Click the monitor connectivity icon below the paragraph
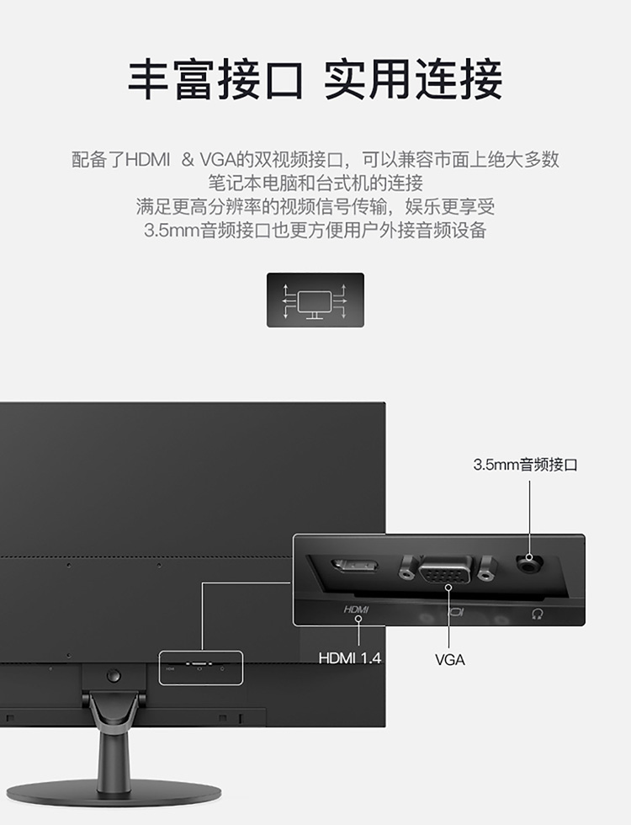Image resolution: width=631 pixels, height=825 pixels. coord(315,300)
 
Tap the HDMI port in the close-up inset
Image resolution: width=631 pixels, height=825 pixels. coord(355,567)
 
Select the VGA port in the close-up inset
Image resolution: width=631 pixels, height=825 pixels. coord(445,570)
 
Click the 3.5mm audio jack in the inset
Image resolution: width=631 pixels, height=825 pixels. coord(529,563)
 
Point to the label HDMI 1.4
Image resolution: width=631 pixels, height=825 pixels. coord(350,658)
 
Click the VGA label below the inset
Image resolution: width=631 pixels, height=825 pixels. coord(449,660)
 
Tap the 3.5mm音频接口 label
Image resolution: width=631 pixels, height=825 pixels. coord(525,465)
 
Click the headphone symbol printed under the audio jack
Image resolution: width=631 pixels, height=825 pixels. coord(537,614)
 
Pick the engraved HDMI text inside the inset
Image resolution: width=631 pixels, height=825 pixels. coord(356,609)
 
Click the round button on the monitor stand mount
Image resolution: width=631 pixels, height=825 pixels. coord(113,675)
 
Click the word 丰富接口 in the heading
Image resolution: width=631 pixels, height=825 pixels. coord(215,80)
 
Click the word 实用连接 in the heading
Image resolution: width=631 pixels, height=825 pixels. coord(413,80)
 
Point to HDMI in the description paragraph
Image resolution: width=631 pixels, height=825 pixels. coord(148,159)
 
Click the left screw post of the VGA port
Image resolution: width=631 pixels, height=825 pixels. coord(406,568)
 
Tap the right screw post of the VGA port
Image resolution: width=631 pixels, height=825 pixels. coord(485,569)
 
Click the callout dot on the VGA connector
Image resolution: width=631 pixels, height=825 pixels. coord(448,587)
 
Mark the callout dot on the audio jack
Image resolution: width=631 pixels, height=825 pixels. coord(529,557)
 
